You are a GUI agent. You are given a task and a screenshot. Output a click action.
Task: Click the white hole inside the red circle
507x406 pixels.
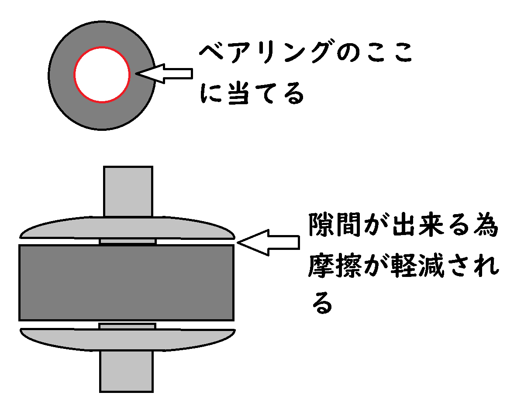[102, 74]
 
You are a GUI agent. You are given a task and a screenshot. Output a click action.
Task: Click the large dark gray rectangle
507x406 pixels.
[126, 283]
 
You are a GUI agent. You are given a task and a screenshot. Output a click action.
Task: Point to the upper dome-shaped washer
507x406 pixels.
[127, 228]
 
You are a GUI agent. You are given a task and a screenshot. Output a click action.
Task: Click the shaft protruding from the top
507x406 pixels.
[128, 191]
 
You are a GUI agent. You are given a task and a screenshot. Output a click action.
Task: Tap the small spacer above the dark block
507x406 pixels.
[128, 242]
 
